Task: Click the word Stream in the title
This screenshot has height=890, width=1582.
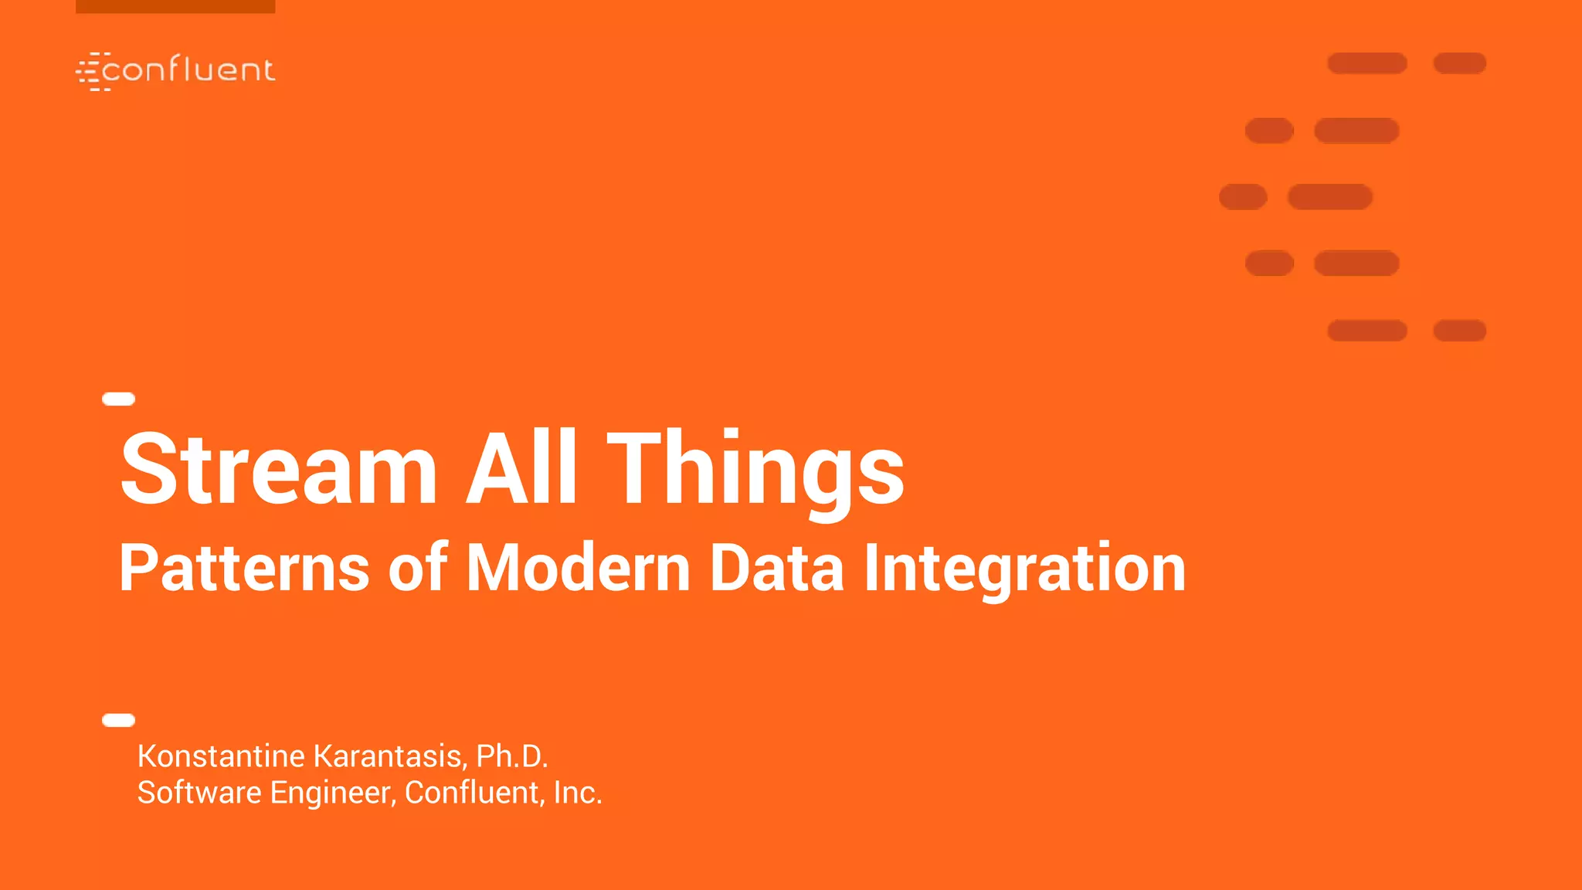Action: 279,469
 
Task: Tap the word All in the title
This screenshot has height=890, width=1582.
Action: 521,467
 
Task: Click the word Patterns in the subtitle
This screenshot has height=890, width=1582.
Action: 244,568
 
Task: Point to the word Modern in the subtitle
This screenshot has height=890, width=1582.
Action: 578,568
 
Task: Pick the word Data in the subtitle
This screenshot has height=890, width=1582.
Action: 776,568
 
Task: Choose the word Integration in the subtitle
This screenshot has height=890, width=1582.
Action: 1024,570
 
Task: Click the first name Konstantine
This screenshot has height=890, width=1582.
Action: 221,756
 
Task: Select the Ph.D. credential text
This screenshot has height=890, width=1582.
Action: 512,756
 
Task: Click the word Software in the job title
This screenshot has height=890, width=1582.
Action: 199,793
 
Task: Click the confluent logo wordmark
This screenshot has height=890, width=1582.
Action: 188,70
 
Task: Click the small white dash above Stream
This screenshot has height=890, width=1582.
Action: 119,399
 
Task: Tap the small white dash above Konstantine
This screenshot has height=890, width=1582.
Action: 119,720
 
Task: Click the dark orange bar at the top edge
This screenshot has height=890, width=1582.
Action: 175,6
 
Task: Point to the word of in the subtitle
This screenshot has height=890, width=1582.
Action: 417,568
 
